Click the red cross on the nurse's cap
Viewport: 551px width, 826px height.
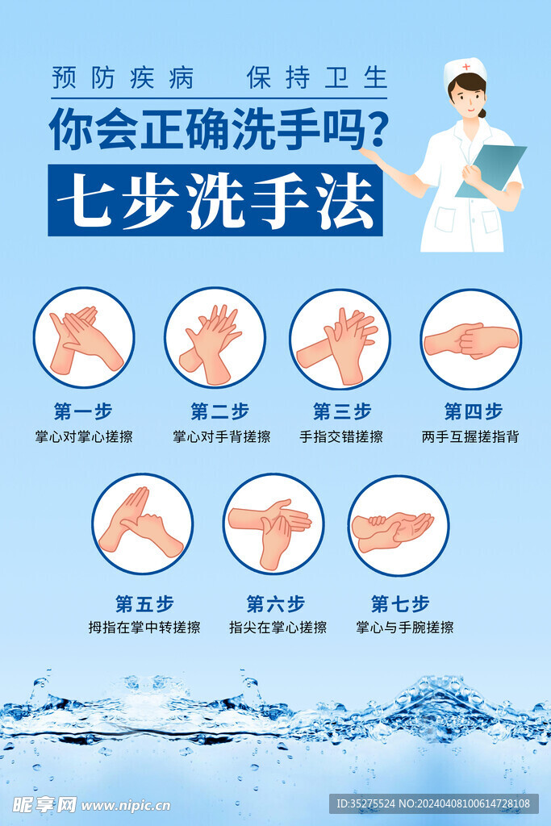click(466, 67)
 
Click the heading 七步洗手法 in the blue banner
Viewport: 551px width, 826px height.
click(216, 200)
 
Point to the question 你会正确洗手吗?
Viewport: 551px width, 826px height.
click(219, 129)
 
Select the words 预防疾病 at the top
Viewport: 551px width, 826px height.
click(123, 78)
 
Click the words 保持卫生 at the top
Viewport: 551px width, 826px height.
click(317, 78)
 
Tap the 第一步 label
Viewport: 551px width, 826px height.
click(83, 411)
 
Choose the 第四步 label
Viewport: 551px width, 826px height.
click(473, 411)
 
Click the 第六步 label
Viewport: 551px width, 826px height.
click(276, 603)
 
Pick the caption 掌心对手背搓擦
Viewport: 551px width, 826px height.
click(221, 436)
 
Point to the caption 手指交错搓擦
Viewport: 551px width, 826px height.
click(341, 436)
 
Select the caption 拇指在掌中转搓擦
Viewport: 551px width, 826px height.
click(144, 628)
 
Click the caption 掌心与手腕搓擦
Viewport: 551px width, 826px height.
click(404, 628)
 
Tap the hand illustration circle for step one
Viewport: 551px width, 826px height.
click(84, 338)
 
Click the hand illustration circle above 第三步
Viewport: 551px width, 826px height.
click(340, 339)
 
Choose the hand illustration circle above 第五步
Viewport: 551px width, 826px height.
click(142, 524)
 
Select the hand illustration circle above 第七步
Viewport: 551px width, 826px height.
click(399, 525)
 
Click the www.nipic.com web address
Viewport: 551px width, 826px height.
click(126, 806)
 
